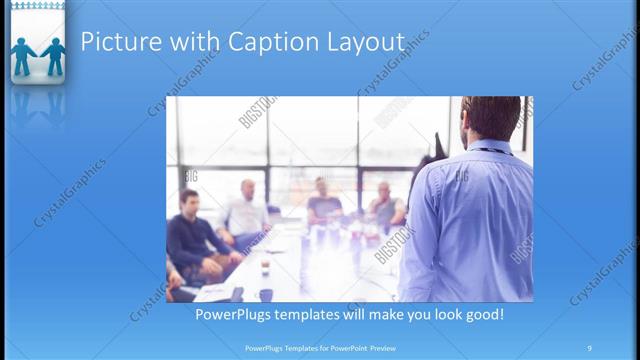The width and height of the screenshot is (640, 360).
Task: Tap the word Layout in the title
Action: (x=363, y=42)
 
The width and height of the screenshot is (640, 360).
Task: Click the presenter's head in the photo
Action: (x=491, y=118)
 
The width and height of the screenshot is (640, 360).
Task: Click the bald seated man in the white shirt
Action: (x=245, y=210)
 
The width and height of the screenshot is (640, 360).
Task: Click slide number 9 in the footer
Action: (x=589, y=348)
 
